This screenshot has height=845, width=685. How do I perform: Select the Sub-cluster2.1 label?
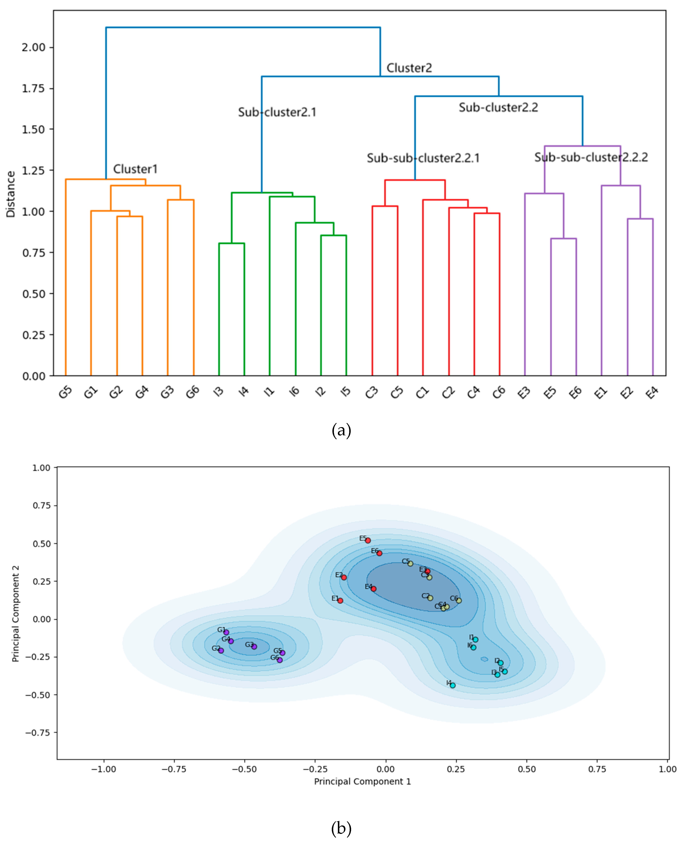[277, 112]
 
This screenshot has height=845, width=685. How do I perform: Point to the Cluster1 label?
[135, 169]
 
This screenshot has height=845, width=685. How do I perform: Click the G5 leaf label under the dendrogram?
[66, 392]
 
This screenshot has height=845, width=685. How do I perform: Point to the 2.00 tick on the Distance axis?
[34, 47]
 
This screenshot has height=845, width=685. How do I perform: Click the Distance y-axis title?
[11, 194]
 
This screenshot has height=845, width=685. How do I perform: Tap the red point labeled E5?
[368, 540]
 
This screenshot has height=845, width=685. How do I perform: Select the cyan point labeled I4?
[453, 685]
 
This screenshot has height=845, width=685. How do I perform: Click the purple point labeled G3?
[254, 647]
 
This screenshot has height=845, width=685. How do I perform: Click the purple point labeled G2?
[221, 650]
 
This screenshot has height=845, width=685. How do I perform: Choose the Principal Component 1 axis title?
[362, 782]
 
